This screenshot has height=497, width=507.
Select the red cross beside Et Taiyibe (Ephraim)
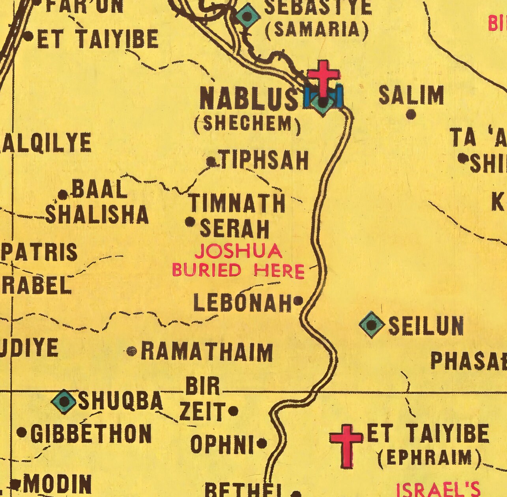click(x=346, y=446)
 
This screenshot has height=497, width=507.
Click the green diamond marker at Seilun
click(x=372, y=325)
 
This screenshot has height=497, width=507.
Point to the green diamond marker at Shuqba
click(x=64, y=402)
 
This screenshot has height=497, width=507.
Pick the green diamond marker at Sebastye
click(x=247, y=16)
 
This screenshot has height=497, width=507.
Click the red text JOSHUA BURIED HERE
click(x=238, y=261)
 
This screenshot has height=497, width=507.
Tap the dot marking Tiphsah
click(x=211, y=162)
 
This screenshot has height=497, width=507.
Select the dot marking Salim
click(x=411, y=115)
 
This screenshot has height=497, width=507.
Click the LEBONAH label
click(x=242, y=303)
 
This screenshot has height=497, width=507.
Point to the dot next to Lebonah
click(x=299, y=301)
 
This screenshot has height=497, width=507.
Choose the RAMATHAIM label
click(x=207, y=352)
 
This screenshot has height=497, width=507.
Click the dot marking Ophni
click(x=262, y=444)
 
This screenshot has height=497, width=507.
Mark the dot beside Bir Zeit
click(x=233, y=411)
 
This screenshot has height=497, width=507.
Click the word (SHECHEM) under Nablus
click(x=247, y=124)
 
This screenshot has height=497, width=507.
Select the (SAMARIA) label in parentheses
click(x=317, y=30)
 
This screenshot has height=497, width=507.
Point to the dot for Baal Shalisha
click(x=63, y=194)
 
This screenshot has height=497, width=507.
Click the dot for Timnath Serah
click(x=190, y=222)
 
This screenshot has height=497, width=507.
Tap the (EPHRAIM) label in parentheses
click(x=429, y=457)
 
